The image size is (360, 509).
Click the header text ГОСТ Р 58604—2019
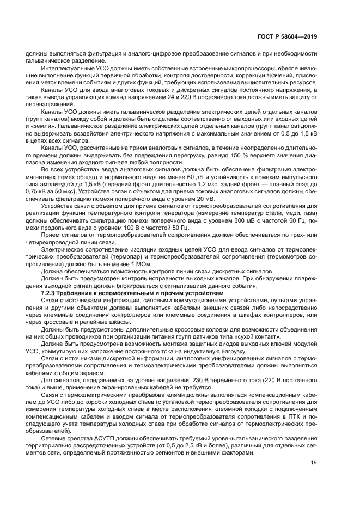[x=287, y=37]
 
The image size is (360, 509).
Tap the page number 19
[x=313, y=464]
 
